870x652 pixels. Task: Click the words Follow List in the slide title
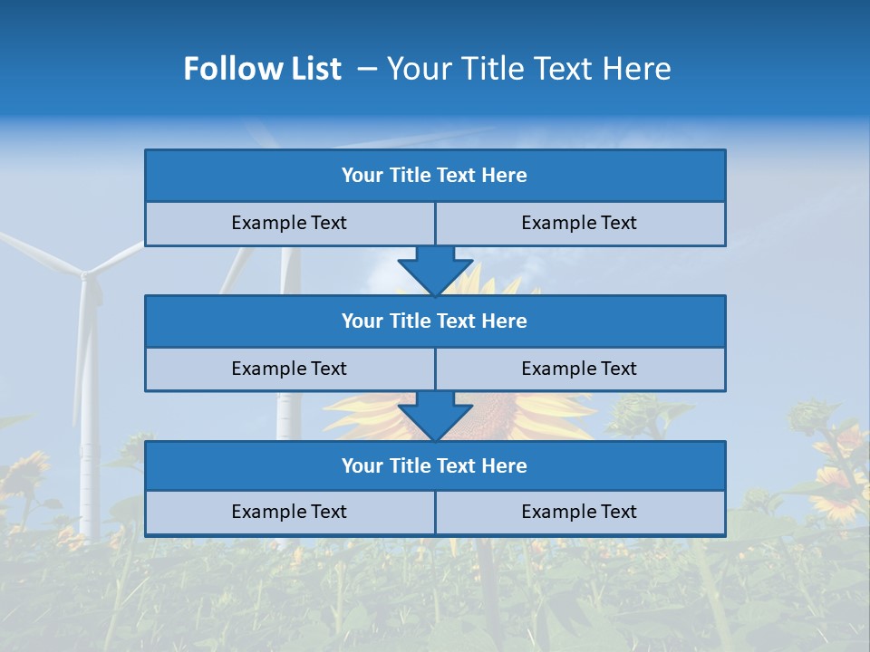[263, 69]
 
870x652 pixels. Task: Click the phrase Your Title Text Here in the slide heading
[528, 69]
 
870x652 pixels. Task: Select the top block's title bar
[435, 176]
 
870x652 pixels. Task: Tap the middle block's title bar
[435, 321]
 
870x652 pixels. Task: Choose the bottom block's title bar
[435, 466]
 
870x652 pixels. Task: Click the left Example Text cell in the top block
[289, 224]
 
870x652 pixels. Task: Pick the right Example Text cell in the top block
[579, 224]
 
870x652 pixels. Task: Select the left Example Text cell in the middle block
[289, 369]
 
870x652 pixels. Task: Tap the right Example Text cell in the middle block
[579, 369]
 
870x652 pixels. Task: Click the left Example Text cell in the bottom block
[289, 513]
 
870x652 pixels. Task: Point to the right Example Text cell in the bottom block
[579, 513]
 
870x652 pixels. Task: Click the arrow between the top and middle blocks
[435, 272]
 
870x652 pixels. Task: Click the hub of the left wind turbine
[85, 273]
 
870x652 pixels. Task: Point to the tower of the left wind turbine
[88, 407]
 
